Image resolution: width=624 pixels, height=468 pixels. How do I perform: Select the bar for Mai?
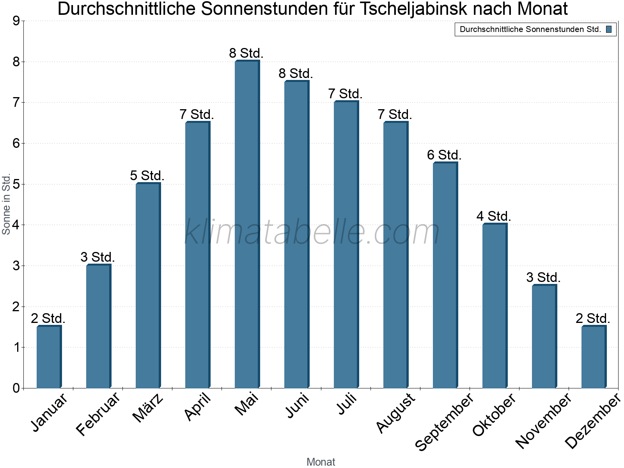247,224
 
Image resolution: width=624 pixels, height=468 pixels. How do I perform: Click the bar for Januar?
49,357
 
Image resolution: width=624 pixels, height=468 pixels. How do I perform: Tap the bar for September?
445,275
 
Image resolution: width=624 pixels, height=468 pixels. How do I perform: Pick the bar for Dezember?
594,357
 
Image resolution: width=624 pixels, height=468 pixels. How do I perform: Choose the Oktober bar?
495,306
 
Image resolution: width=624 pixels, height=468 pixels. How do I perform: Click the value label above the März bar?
147,175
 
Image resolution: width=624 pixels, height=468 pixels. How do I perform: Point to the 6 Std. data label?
444,155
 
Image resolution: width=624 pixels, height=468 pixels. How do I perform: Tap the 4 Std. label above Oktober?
494,216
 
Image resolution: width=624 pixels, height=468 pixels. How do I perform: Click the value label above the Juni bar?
296,73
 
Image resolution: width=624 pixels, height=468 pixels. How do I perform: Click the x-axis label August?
396,413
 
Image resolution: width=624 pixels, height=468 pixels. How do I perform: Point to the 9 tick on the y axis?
16,21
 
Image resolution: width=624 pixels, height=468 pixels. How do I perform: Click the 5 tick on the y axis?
16,184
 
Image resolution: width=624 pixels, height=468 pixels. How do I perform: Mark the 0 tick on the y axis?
16,388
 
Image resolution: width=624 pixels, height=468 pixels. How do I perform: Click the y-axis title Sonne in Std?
6,205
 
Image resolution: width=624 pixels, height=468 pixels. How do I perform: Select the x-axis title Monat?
321,462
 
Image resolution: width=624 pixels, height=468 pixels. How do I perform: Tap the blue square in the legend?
609,29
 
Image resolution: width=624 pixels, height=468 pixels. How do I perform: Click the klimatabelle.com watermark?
312,232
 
